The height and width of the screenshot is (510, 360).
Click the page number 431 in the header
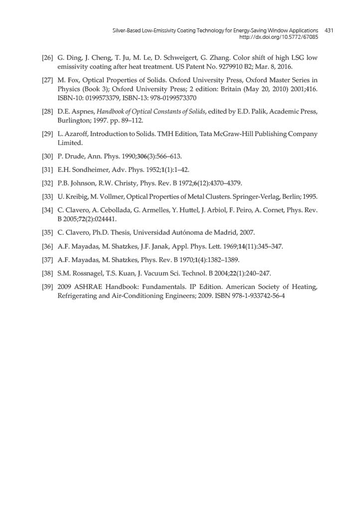click(329, 30)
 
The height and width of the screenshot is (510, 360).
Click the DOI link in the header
click(279, 37)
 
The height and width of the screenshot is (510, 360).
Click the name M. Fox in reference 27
click(69, 80)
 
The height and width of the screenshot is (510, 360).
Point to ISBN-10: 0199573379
click(88, 98)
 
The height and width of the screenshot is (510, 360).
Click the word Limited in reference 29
click(69, 142)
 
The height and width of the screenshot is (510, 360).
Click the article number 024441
click(103, 219)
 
